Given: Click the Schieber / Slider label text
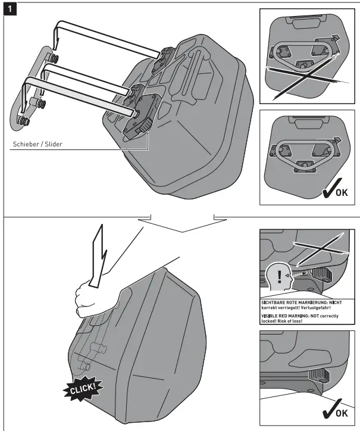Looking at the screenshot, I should click(x=37, y=144).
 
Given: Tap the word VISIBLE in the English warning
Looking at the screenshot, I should click(x=274, y=316).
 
